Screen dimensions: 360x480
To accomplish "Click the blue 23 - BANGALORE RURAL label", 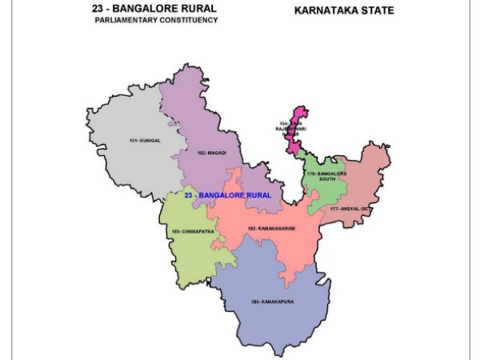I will tap(227, 194).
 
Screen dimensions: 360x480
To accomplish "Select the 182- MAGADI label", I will tap(197, 150).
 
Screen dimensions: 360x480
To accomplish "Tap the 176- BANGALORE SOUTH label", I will tap(326, 177).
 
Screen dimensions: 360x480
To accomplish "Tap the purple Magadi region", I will tap(200, 120).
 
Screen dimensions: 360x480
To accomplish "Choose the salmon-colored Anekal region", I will tap(368, 184).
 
